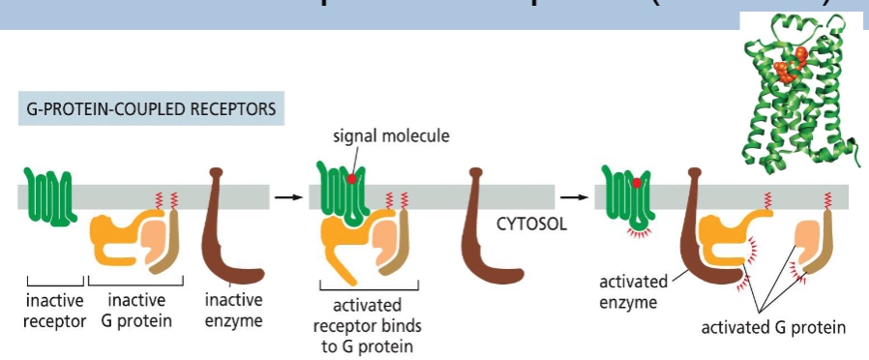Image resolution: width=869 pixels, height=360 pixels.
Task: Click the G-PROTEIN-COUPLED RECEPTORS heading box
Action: coord(151,109)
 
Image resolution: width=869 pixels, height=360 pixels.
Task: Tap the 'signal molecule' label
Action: coord(404,136)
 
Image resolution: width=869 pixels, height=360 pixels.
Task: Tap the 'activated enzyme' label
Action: coord(634,291)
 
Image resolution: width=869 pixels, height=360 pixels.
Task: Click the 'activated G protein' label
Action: coord(773,327)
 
